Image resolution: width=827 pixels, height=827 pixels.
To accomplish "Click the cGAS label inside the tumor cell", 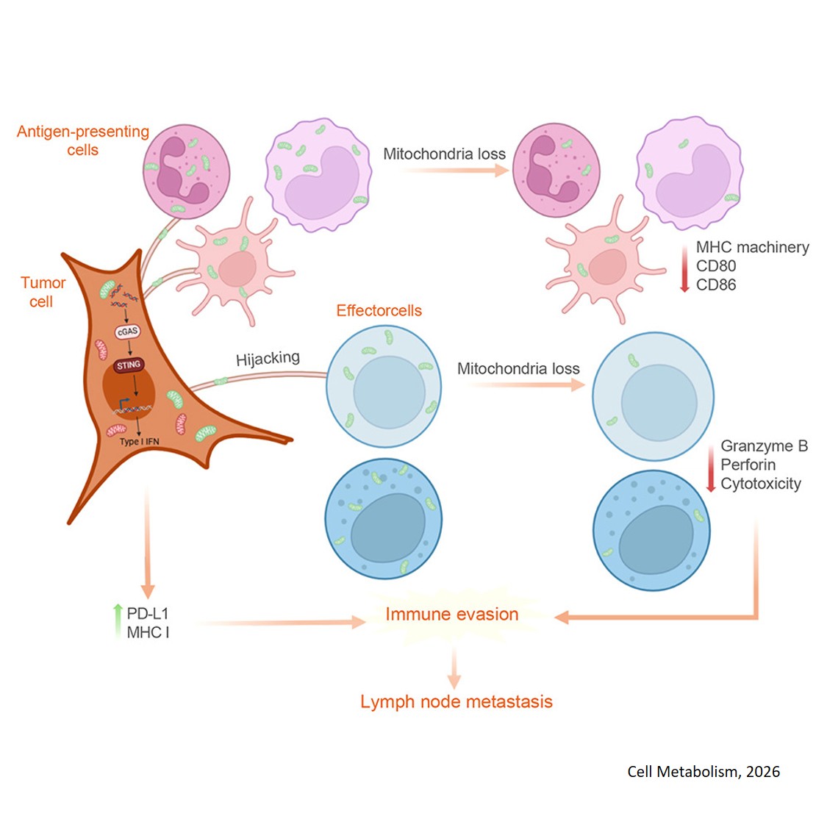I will click(x=127, y=332).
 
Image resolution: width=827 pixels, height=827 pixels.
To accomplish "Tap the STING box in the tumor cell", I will click(x=129, y=365).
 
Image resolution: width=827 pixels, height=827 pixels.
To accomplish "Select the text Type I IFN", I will click(x=139, y=442).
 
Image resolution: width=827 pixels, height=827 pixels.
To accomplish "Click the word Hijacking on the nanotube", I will click(x=268, y=359).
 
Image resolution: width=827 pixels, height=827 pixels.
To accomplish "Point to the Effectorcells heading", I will click(x=379, y=310).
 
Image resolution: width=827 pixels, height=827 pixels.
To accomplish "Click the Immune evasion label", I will click(x=451, y=615).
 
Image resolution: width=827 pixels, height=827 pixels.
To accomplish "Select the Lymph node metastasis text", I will click(x=456, y=701).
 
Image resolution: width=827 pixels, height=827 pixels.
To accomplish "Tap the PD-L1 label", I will click(x=147, y=613).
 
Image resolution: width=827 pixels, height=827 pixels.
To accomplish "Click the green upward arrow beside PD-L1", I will click(x=117, y=620).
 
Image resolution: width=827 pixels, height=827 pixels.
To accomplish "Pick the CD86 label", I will click(x=715, y=284).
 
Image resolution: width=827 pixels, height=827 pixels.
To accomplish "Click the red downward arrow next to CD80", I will click(x=684, y=268).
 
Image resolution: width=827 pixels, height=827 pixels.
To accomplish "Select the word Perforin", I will click(x=748, y=465).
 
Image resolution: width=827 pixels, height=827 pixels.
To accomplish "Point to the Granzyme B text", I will click(x=764, y=445).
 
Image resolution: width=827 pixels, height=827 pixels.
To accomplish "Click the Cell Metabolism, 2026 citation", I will click(x=703, y=771).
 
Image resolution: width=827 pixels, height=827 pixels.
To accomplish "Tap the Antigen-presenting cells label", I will click(x=82, y=140).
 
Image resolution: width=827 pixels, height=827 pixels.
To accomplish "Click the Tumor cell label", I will click(x=43, y=292).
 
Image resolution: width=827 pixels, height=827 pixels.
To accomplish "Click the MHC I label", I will click(x=148, y=632).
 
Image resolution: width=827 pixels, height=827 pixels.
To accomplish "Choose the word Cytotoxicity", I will click(x=760, y=484).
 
